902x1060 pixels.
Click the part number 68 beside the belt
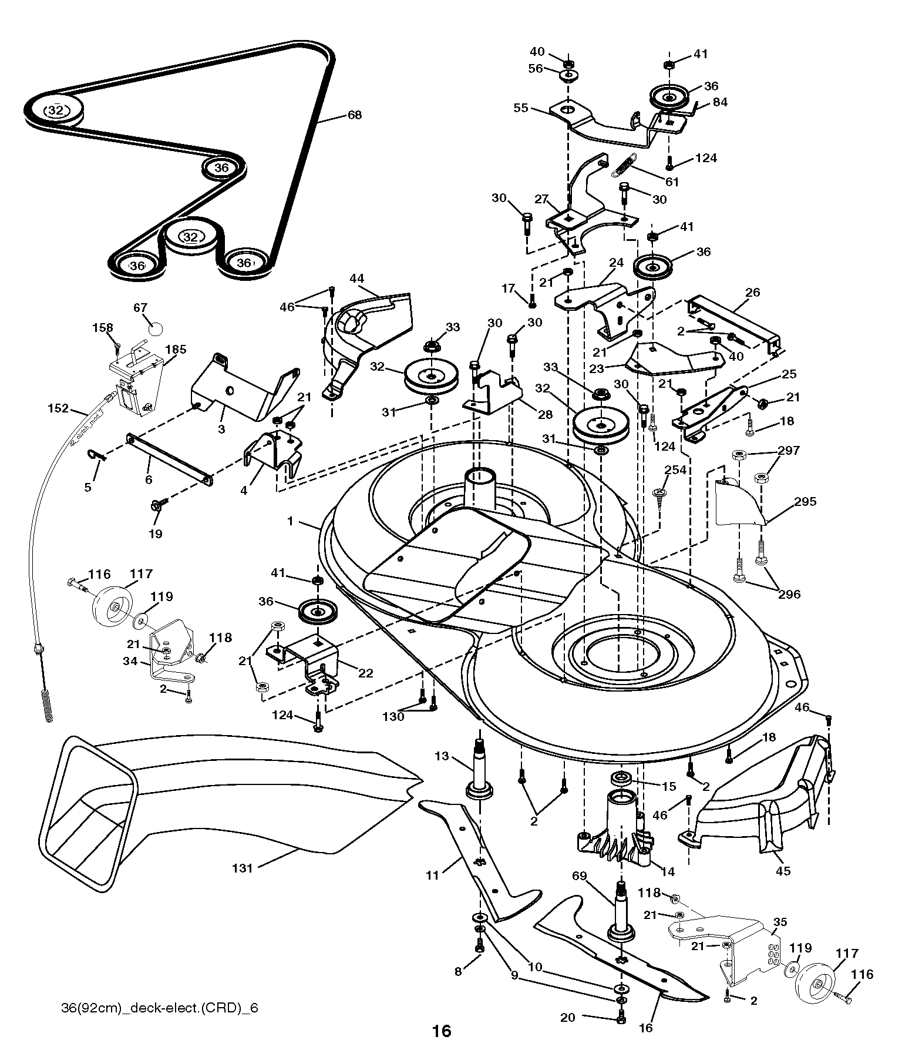355,115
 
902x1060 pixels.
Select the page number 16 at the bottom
442,1031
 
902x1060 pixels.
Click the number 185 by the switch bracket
176,350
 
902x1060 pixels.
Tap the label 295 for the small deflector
805,502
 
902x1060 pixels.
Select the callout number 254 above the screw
675,469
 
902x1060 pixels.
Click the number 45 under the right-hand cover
783,871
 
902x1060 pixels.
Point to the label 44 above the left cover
358,278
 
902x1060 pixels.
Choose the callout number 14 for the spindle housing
668,871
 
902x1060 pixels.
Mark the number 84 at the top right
720,102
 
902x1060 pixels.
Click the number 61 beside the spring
672,182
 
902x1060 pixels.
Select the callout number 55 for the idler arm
521,108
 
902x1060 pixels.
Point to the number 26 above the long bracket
752,291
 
